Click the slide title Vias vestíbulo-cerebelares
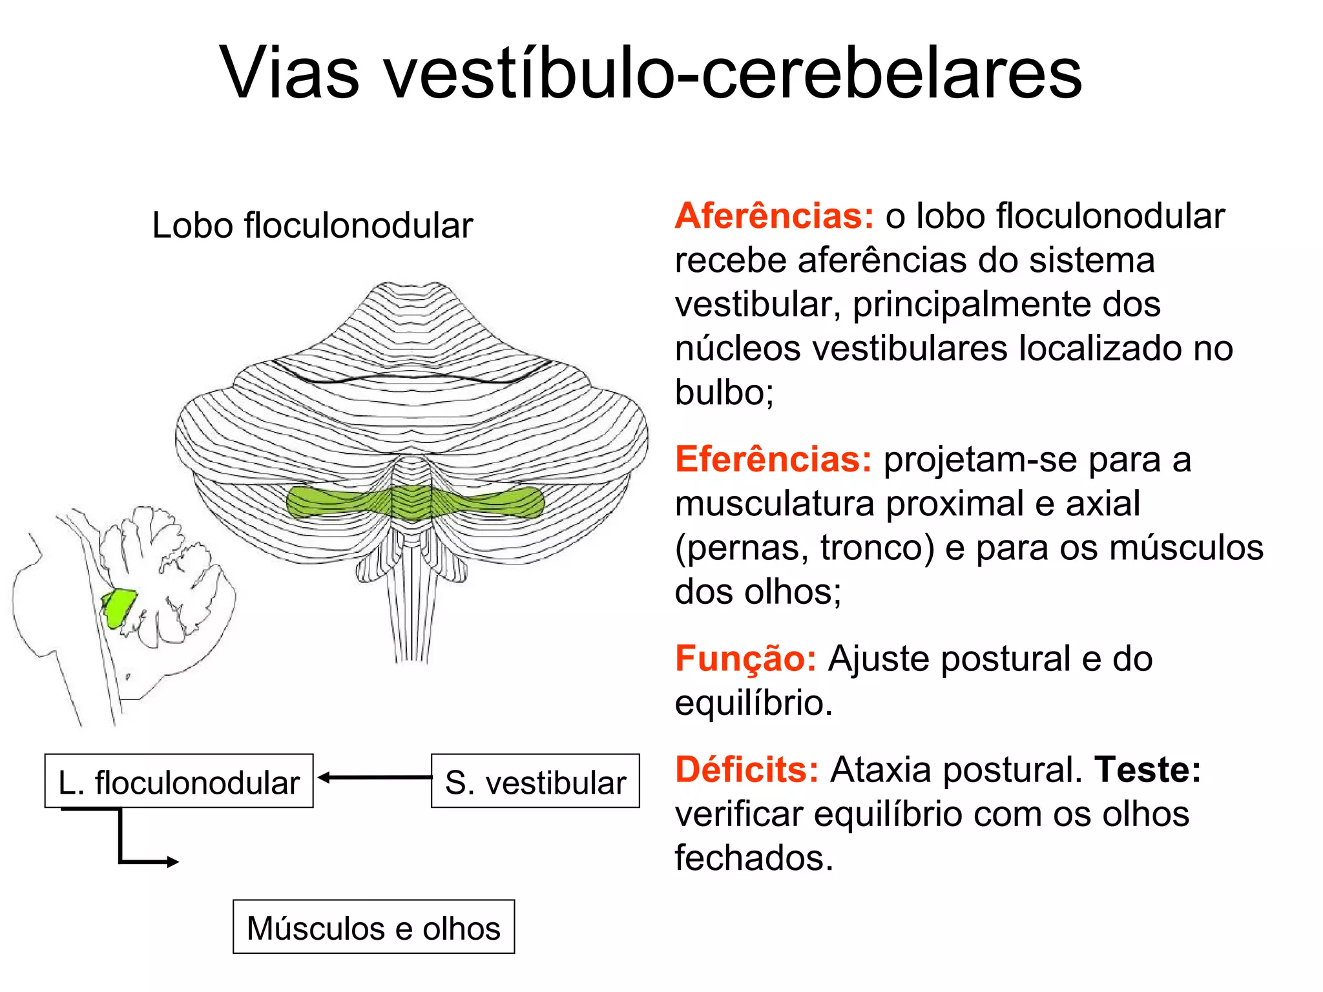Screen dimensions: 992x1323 (651, 72)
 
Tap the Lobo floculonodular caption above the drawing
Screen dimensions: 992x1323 (312, 225)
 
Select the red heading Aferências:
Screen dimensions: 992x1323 (774, 216)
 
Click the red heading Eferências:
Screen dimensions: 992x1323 (773, 459)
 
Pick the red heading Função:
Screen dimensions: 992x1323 (745, 659)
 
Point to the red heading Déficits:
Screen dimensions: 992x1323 (747, 770)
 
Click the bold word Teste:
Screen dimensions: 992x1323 (1147, 770)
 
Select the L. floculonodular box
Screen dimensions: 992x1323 (179, 781)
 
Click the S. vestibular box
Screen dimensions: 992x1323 (535, 781)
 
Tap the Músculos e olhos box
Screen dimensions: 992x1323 (373, 927)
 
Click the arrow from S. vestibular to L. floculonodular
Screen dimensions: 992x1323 (375, 778)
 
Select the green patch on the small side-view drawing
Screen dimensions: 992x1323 (119, 607)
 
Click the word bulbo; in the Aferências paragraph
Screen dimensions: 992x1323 (724, 392)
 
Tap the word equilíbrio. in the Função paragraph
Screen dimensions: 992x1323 (753, 703)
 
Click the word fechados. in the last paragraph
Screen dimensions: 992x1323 (754, 858)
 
